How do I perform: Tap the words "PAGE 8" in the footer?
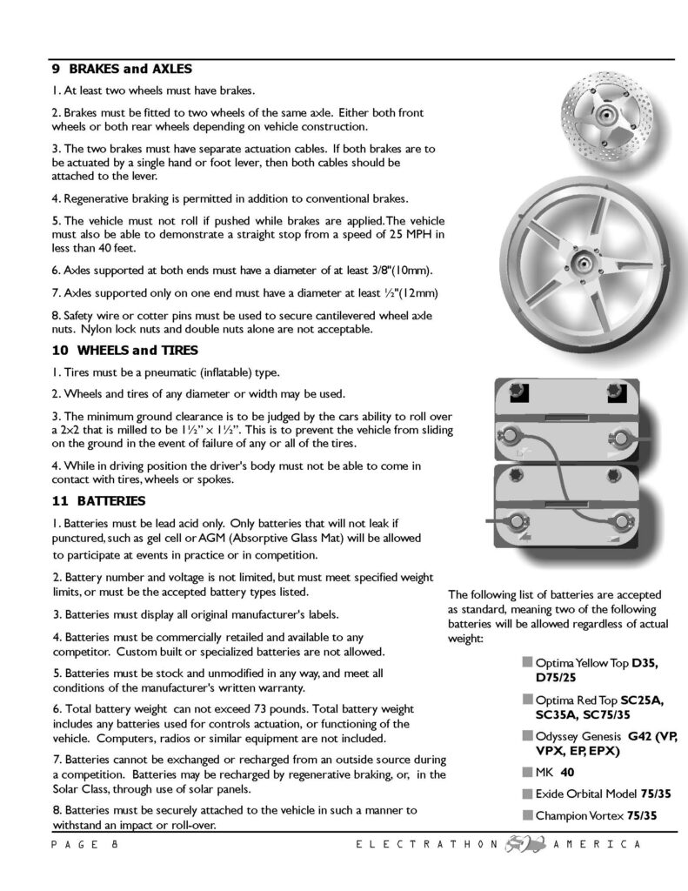pyautogui.click(x=83, y=845)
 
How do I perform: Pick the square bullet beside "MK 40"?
pyautogui.click(x=528, y=771)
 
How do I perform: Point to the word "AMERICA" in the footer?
pyautogui.click(x=597, y=845)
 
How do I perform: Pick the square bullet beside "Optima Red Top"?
pyautogui.click(x=528, y=699)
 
